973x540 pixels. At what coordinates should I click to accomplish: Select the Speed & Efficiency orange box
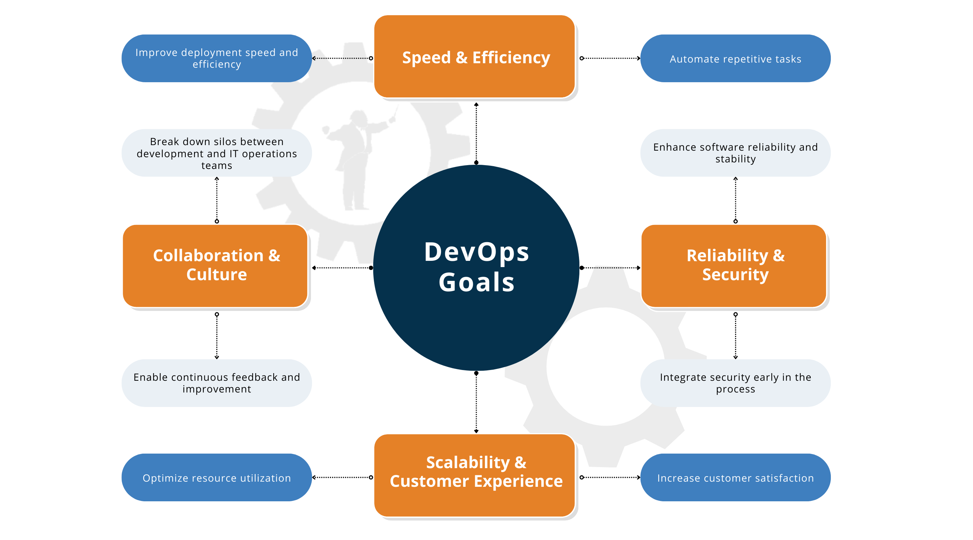pyautogui.click(x=475, y=57)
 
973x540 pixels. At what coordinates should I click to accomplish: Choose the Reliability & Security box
pyautogui.click(x=735, y=266)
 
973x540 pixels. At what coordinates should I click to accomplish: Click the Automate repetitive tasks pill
pyautogui.click(x=735, y=58)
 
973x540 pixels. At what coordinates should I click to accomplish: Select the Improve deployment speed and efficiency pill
pyautogui.click(x=217, y=58)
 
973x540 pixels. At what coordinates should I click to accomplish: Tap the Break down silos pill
pyautogui.click(x=217, y=153)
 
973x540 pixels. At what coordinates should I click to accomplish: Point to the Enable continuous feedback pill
pyautogui.click(x=217, y=383)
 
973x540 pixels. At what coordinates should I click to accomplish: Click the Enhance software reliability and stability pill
pyautogui.click(x=735, y=153)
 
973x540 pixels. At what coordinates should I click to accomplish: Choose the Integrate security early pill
pyautogui.click(x=735, y=383)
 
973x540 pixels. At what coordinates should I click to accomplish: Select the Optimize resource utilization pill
pyautogui.click(x=217, y=477)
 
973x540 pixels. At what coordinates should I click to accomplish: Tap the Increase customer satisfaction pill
pyautogui.click(x=735, y=477)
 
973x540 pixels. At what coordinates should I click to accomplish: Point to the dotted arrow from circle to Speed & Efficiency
pyautogui.click(x=476, y=132)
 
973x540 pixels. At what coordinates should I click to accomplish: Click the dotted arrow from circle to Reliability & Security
pyautogui.click(x=611, y=267)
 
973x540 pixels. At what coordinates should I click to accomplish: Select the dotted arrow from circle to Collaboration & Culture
pyautogui.click(x=342, y=267)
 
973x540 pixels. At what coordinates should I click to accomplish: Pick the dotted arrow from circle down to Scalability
pyautogui.click(x=476, y=402)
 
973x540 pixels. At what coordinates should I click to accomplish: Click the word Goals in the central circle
pyautogui.click(x=477, y=282)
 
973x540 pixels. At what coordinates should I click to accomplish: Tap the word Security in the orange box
pyautogui.click(x=735, y=275)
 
